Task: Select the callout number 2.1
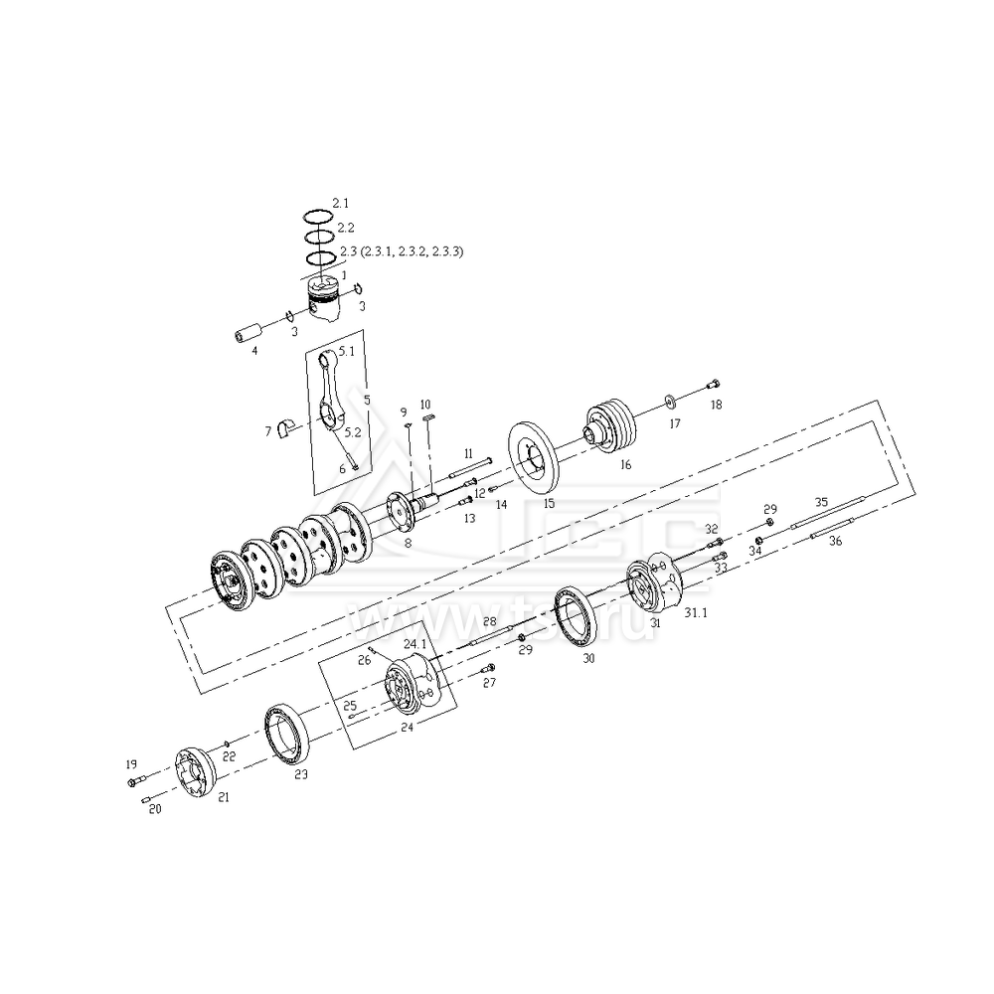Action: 340,203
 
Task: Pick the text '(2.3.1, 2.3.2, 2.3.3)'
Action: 412,251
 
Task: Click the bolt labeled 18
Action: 713,386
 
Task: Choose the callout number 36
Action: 835,542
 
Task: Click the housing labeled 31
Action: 656,583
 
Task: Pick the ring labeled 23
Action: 289,736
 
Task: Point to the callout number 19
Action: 130,764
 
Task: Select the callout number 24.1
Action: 414,644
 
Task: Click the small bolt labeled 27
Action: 485,668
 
